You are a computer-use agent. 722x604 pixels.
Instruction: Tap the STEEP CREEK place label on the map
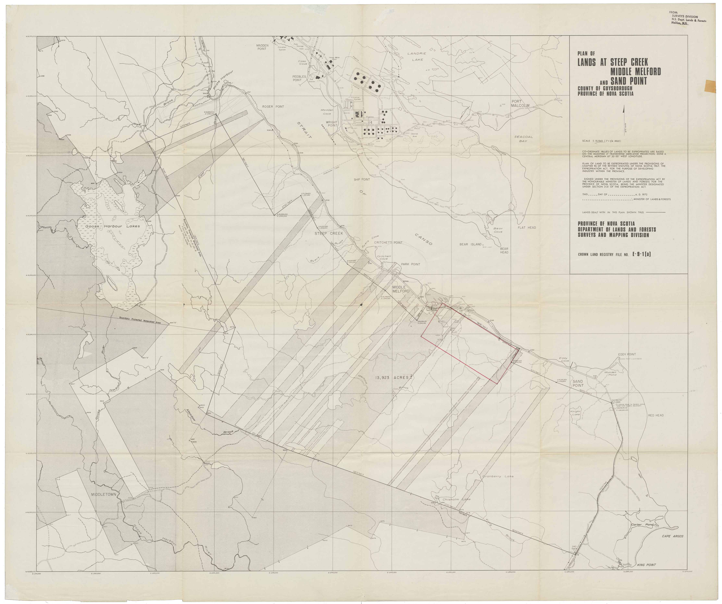click(x=329, y=233)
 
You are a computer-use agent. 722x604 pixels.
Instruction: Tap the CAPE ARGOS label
click(x=673, y=536)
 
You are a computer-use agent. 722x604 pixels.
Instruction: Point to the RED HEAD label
click(x=656, y=415)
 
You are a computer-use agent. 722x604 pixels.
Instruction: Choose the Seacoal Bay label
click(x=523, y=139)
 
